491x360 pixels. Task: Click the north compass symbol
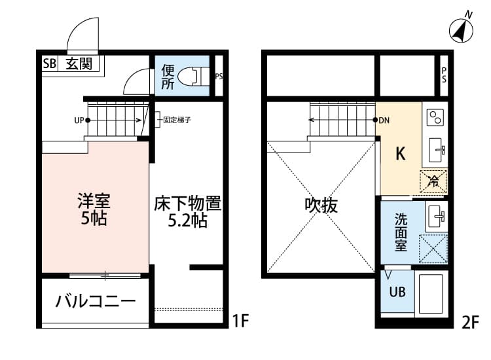(x=463, y=29)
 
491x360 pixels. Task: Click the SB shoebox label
(x=50, y=63)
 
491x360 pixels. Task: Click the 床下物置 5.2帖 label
(x=188, y=211)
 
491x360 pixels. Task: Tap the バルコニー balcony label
(x=96, y=302)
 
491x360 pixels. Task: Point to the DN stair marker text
(x=384, y=120)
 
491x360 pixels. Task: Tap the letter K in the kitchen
(x=401, y=154)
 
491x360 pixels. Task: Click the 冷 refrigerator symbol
(x=433, y=181)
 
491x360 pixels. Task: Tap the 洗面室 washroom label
(x=401, y=232)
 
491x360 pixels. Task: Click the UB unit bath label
(x=397, y=293)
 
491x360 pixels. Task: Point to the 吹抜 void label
(x=321, y=206)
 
